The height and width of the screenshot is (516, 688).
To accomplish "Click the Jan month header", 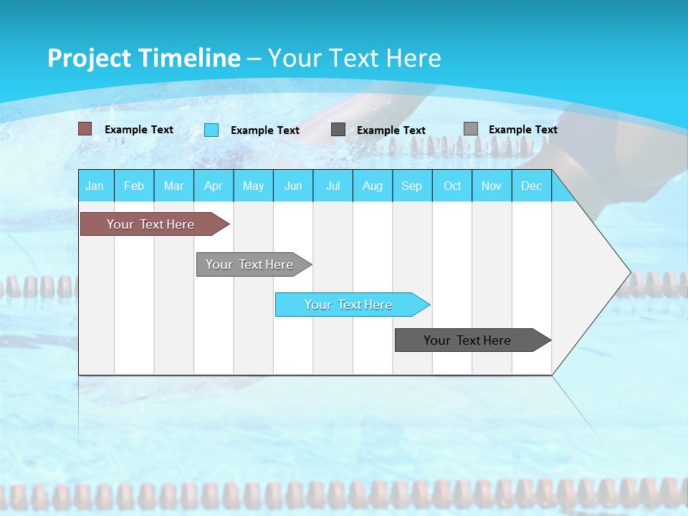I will [95, 186].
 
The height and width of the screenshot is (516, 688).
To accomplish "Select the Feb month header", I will [134, 186].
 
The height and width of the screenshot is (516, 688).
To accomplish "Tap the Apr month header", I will [214, 186].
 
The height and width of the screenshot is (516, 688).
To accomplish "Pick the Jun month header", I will [293, 186].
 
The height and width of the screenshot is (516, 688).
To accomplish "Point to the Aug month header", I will [373, 186].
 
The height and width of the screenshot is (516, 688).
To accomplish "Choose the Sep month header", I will [412, 186].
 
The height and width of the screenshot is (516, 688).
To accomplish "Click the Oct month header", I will [452, 186].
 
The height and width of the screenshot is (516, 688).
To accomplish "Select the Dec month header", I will [532, 186].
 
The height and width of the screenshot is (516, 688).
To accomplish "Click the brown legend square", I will [85, 129].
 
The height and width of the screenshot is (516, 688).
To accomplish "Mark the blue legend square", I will [211, 130].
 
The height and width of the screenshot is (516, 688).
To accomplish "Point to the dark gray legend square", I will [338, 130].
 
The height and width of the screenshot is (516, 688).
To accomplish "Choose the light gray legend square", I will [471, 129].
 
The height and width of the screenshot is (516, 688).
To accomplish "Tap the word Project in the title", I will [90, 58].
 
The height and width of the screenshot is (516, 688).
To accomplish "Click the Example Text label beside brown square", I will [139, 130].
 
